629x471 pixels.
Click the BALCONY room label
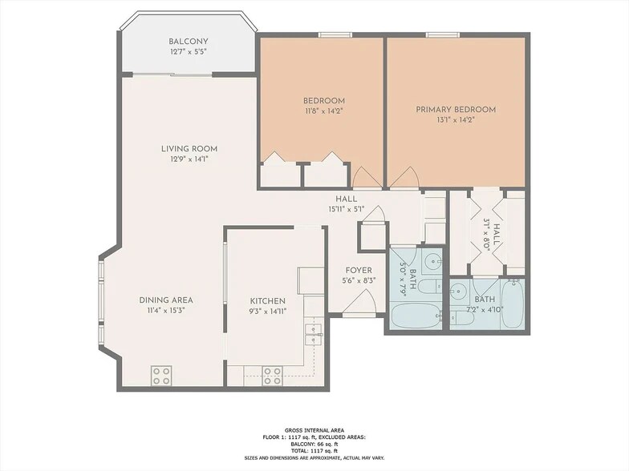189,42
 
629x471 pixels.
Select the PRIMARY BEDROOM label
455,110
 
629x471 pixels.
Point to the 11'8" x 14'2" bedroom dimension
323,111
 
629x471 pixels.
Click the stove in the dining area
162,374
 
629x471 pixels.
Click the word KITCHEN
267,300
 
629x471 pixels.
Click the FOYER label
358,271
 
